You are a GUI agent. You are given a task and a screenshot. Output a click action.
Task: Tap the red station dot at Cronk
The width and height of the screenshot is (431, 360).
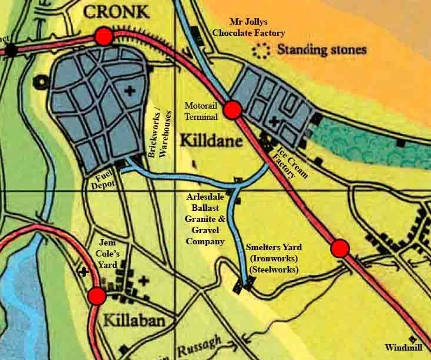[103, 37]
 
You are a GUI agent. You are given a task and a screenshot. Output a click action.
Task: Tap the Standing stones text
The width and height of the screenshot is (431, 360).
[322, 50]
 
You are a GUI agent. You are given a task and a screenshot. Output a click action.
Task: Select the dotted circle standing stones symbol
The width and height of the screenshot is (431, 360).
[260, 51]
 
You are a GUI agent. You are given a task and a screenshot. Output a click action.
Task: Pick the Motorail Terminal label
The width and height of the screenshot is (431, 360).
[201, 110]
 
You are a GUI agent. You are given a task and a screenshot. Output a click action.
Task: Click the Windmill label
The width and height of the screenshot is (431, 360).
[404, 346]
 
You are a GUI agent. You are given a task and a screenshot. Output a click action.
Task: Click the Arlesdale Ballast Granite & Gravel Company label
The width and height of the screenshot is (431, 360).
[203, 219]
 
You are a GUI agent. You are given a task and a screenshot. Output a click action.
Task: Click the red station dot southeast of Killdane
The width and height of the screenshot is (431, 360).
[340, 249]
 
